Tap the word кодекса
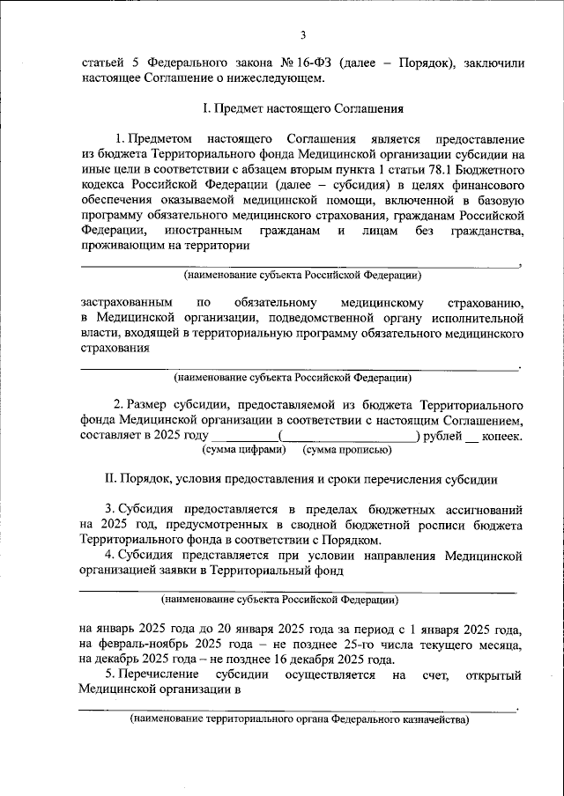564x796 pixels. click(x=105, y=187)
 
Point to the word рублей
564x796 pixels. click(x=443, y=435)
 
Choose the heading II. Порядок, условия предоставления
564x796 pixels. click(x=301, y=480)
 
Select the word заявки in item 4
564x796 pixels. click(x=171, y=571)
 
